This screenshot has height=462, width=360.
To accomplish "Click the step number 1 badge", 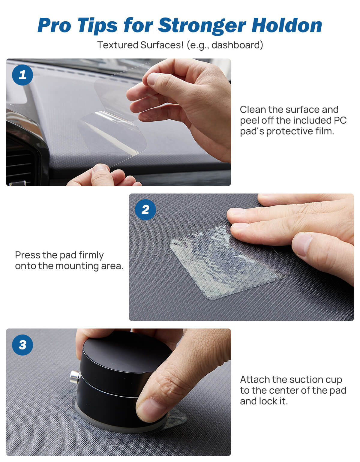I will [x=22, y=75].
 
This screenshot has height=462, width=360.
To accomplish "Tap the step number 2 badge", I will [x=145, y=210].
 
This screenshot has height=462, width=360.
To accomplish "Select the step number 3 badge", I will [x=22, y=345].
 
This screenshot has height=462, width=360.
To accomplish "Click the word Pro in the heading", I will [x=54, y=25].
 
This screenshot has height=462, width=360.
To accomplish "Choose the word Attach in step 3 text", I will [x=255, y=379].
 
